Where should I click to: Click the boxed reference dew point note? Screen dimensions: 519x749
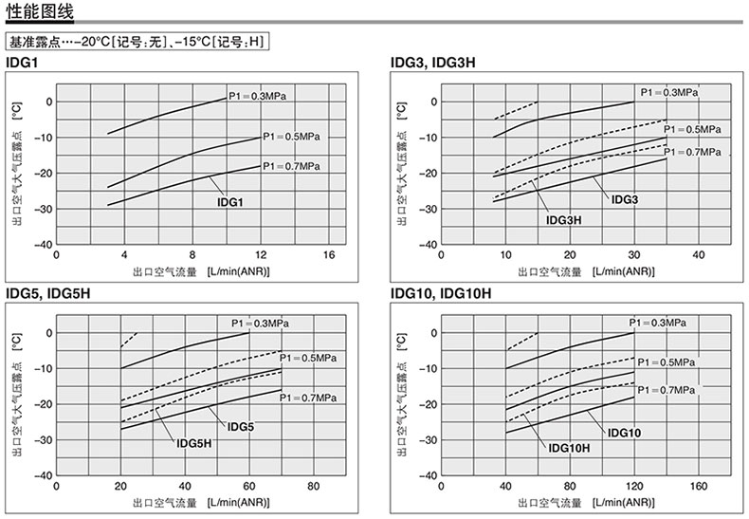[x=136, y=43]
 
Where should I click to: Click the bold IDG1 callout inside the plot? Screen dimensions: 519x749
[x=231, y=202]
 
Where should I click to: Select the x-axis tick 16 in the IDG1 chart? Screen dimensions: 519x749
[x=329, y=255]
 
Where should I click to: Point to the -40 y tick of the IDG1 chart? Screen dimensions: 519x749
[x=44, y=244]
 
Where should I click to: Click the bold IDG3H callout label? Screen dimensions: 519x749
[x=564, y=220]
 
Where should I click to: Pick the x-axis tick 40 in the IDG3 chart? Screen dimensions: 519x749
[x=699, y=255]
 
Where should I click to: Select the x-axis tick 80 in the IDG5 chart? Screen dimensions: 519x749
[x=316, y=487]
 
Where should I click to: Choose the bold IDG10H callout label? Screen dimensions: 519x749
[x=570, y=448]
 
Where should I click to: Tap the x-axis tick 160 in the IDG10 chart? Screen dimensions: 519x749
[x=699, y=487]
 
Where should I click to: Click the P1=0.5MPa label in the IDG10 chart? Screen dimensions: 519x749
[x=668, y=361]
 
